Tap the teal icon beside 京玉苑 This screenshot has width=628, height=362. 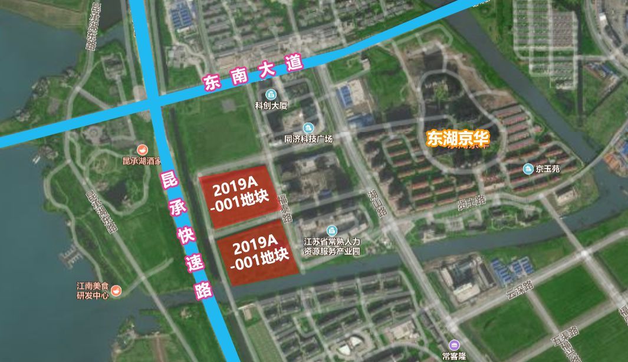point(528,170)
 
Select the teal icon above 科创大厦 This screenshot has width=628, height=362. point(271,95)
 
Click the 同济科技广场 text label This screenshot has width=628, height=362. point(308,139)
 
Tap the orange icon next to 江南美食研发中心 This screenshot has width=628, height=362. point(116,290)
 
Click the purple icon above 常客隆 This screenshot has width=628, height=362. point(453,345)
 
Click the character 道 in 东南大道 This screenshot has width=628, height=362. point(294,63)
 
